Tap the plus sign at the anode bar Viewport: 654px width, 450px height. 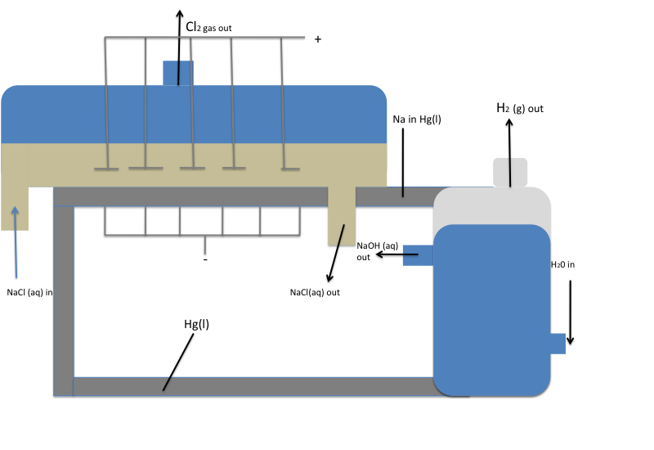point(318,38)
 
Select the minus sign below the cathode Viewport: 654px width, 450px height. point(205,259)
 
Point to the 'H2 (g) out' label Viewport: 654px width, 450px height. point(520,108)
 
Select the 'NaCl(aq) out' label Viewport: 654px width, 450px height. point(315,292)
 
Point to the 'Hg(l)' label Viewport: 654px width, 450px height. point(196,323)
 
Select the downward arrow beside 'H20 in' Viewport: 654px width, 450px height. point(571,311)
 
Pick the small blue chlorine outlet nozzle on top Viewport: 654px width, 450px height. point(178,73)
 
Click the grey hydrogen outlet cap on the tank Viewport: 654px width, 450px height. point(509,171)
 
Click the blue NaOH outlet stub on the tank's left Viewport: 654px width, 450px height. point(418,255)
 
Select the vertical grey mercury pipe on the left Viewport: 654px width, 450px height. point(64,295)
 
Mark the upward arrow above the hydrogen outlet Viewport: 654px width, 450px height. point(509,151)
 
